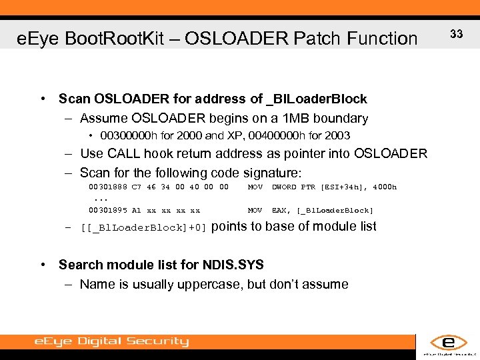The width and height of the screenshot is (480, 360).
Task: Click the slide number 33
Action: pos(457,33)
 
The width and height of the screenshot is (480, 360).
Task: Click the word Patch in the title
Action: pos(323,39)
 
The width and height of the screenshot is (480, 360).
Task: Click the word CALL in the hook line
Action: pos(124,154)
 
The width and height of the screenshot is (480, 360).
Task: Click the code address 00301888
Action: pos(107,187)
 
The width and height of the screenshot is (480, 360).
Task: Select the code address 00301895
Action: pos(107,211)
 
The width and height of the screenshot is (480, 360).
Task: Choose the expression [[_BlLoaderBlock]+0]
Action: pos(143,227)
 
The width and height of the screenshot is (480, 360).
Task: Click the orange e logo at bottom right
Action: pos(447,343)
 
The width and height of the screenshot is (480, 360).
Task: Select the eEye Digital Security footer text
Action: pos(111,342)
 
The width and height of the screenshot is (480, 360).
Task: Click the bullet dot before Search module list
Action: pos(43,265)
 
